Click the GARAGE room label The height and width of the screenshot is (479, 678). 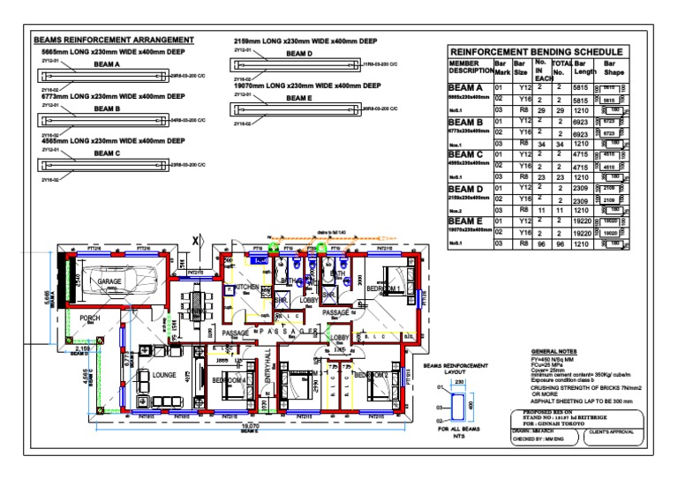tap(109, 282)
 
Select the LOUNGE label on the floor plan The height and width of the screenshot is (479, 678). tap(164, 375)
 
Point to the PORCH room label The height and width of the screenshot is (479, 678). tap(90, 318)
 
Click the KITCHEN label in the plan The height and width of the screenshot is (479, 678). tap(245, 288)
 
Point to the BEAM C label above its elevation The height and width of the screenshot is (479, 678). tap(106, 153)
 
